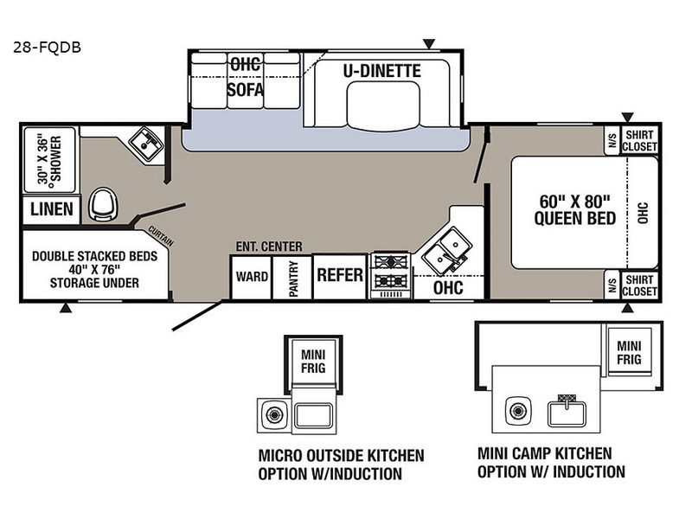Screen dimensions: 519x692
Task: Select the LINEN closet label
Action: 51,209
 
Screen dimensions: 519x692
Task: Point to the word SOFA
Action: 245,89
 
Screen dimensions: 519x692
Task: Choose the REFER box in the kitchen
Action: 340,275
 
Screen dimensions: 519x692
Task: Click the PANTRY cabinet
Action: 293,279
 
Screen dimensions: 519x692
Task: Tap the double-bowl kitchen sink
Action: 446,252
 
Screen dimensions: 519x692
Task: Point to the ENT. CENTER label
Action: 268,246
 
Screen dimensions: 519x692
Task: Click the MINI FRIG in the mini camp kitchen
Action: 629,352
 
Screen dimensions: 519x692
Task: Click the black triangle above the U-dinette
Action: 428,43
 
